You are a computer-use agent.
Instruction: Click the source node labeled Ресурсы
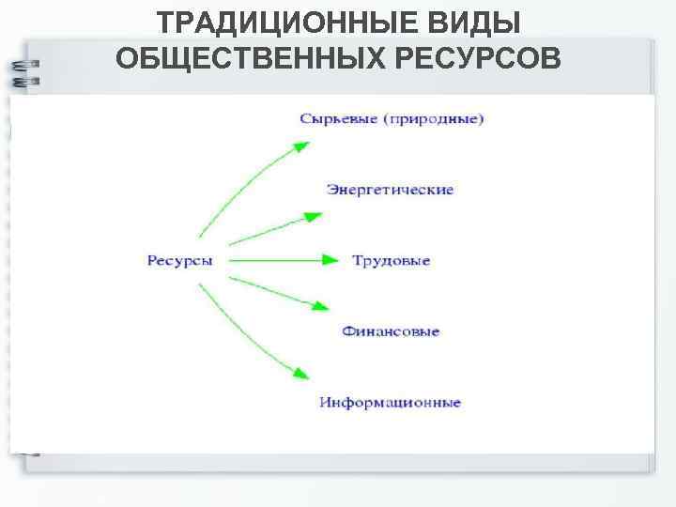pos(179,260)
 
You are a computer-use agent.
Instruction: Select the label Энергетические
pos(390,190)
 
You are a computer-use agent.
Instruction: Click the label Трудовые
pos(391,260)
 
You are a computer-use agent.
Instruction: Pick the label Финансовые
pos(391,331)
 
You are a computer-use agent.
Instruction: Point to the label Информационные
pos(390,403)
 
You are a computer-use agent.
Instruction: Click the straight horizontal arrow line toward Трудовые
pos(272,260)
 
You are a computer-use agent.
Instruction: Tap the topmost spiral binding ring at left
pos(24,66)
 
